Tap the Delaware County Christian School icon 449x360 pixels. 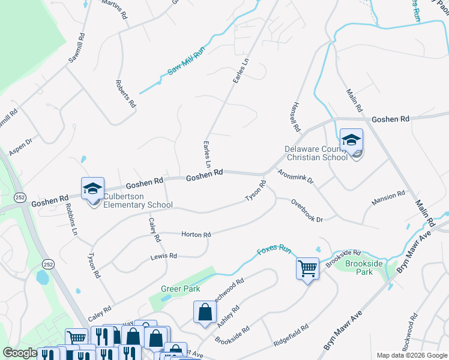[x=351, y=141]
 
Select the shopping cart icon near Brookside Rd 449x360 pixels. [x=307, y=268]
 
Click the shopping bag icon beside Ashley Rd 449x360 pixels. [x=205, y=312]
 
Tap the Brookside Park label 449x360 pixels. [x=359, y=268]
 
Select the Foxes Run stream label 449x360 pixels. [x=274, y=250]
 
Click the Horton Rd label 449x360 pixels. [x=196, y=235]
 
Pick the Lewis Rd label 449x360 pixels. [x=164, y=256]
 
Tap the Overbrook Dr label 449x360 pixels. [x=307, y=211]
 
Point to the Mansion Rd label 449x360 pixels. [x=388, y=197]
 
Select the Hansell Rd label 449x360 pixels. [x=294, y=116]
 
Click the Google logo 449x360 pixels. [x=20, y=353]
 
